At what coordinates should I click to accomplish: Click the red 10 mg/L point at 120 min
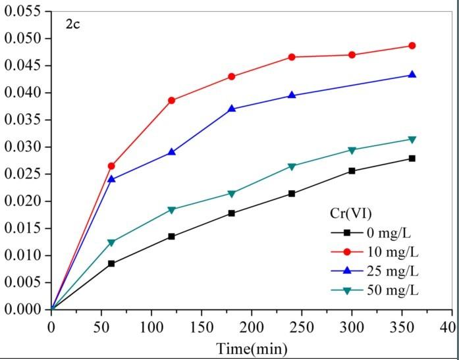tap(172, 100)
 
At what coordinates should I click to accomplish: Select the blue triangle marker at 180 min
tap(232, 109)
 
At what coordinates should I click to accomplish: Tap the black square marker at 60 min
tap(111, 263)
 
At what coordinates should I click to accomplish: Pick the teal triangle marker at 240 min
tap(292, 167)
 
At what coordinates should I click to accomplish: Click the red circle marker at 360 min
tap(412, 45)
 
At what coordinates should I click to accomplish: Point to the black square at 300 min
tap(352, 170)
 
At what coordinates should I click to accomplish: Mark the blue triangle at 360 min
tap(412, 74)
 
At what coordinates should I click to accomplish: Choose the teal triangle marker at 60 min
tap(111, 243)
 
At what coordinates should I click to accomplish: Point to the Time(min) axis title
tap(253, 348)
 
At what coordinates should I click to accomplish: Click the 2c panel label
tap(72, 26)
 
